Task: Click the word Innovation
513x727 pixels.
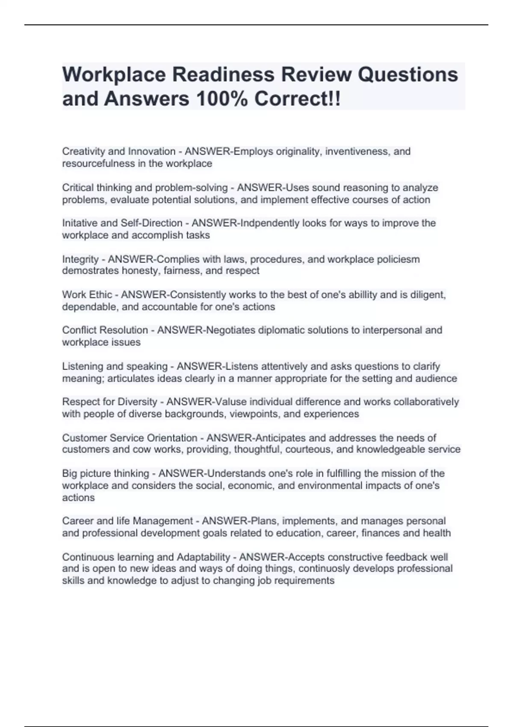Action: pos(152,151)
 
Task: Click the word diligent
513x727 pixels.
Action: pos(428,295)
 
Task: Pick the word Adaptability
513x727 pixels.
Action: pos(203,557)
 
